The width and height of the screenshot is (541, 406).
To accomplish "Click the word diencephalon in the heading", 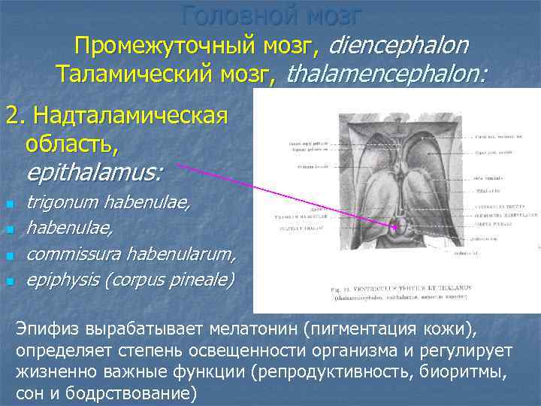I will point(399,47).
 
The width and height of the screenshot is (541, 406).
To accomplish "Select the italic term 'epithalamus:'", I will point(94,172).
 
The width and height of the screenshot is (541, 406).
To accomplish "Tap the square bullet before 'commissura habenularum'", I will point(10,257).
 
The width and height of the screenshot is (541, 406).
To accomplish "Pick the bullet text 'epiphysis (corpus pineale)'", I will point(130,281).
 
